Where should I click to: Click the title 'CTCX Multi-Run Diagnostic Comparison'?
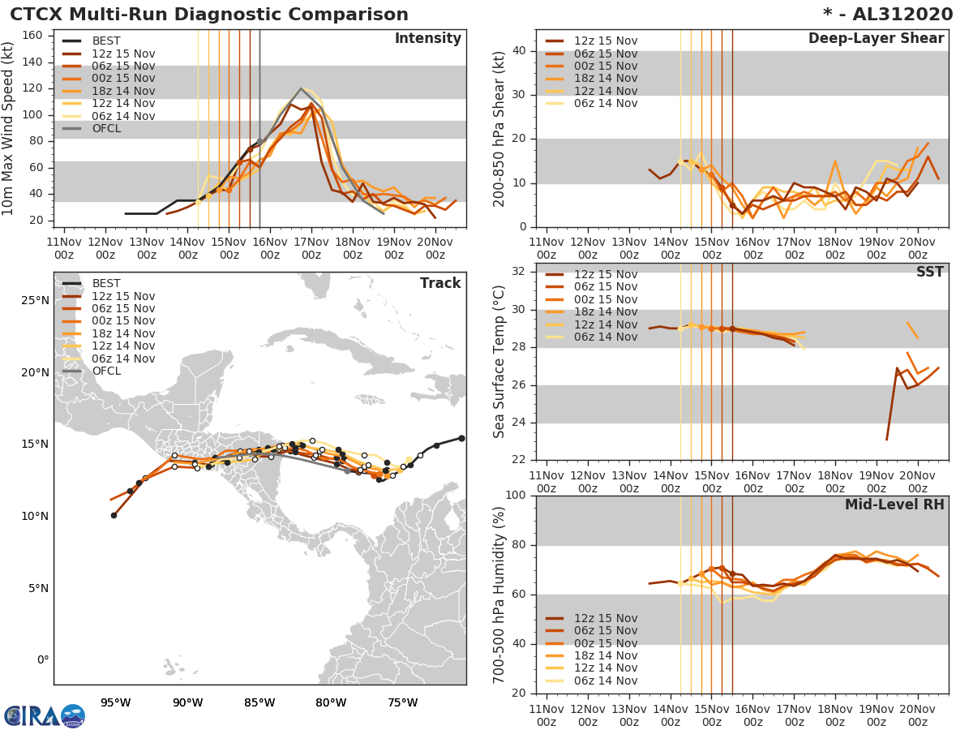[x=209, y=15]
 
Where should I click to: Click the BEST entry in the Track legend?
[x=106, y=283]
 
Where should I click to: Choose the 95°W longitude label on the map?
[x=116, y=702]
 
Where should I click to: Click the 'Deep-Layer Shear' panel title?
[x=876, y=39]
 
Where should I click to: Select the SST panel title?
[x=929, y=272]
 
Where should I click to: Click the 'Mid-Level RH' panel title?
[x=894, y=505]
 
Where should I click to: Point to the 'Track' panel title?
[x=439, y=283]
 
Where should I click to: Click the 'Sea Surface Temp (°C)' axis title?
[x=499, y=362]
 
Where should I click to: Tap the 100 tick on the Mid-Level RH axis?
[x=516, y=496]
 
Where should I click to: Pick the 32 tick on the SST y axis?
[x=520, y=271]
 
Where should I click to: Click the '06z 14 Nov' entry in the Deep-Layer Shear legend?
[x=605, y=103]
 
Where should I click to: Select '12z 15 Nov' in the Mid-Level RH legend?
[x=605, y=618]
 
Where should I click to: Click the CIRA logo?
[x=44, y=715]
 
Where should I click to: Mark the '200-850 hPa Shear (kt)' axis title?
[x=499, y=128]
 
